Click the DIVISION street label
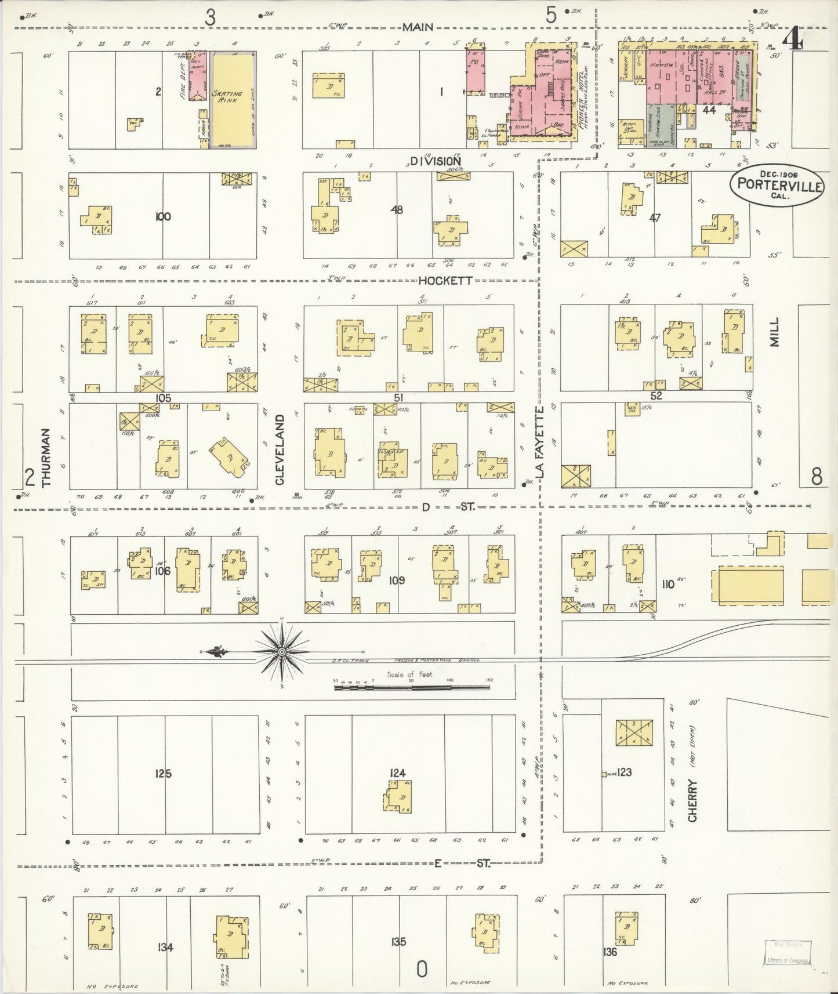435,161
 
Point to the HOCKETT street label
445,280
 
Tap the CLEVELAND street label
280,449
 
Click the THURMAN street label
48,458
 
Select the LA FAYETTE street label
540,442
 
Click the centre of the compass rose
282,652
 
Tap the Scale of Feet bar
412,688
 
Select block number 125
164,773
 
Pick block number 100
163,217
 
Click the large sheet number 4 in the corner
792,41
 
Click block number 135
398,942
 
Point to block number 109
397,580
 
